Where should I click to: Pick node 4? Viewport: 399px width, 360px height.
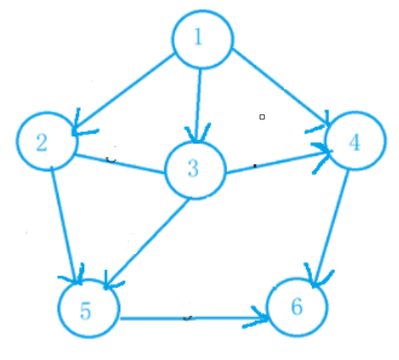pyautogui.click(x=355, y=142)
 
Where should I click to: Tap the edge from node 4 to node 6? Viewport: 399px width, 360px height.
pyautogui.click(x=331, y=224)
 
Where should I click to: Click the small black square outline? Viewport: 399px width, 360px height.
pyautogui.click(x=262, y=116)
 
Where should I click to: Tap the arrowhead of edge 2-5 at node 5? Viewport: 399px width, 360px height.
pyautogui.click(x=77, y=278)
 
